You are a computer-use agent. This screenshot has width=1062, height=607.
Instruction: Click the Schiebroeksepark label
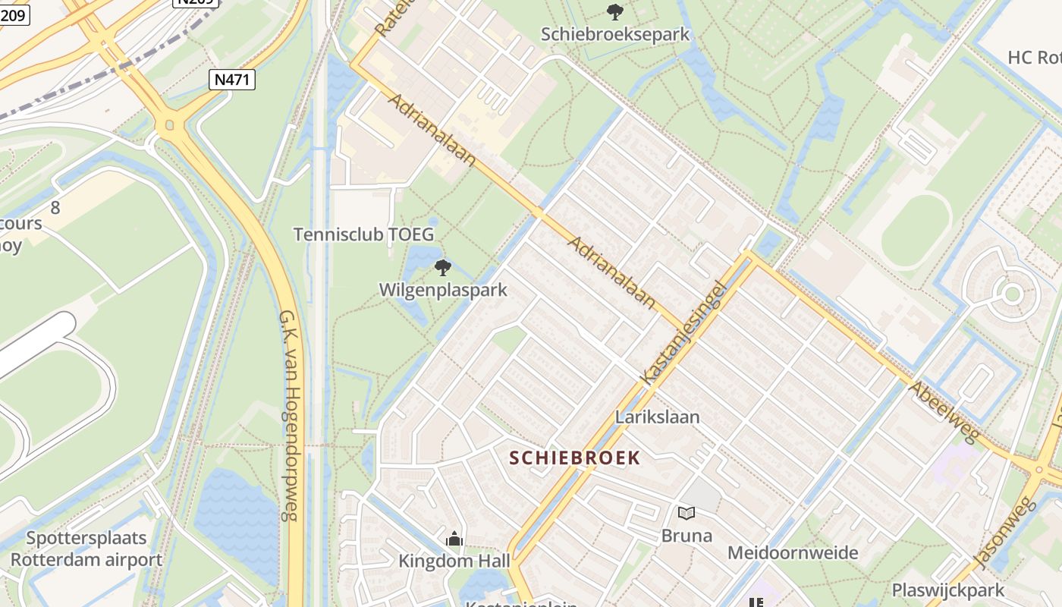click(x=615, y=34)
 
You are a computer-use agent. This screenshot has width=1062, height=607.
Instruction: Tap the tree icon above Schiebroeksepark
click(x=614, y=11)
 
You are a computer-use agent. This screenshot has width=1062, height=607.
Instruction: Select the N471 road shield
click(x=232, y=80)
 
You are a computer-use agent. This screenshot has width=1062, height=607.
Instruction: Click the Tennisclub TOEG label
click(x=364, y=234)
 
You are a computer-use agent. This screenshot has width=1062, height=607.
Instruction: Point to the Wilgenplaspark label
click(x=443, y=290)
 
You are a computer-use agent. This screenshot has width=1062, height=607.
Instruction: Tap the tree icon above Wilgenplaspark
click(x=443, y=267)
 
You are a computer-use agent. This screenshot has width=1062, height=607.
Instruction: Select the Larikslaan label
click(x=658, y=417)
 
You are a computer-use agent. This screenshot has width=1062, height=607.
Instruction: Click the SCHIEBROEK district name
click(x=575, y=458)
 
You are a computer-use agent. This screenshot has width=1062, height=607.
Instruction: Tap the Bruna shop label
click(x=687, y=536)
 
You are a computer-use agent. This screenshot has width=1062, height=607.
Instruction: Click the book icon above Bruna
click(x=687, y=514)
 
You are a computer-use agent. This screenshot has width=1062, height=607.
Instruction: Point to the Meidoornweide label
click(x=793, y=552)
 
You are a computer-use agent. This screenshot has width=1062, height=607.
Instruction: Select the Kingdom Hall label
click(x=454, y=561)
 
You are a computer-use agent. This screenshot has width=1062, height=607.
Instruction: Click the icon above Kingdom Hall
click(x=454, y=539)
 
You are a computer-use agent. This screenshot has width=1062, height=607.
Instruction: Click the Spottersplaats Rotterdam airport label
click(x=86, y=549)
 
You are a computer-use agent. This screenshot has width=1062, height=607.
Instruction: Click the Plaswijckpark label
click(x=947, y=590)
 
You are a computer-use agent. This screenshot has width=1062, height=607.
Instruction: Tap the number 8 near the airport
click(x=55, y=207)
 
